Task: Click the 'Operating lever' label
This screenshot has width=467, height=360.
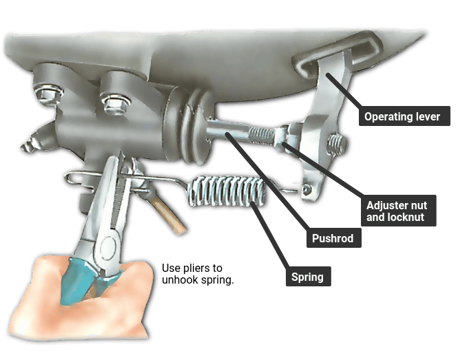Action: (x=406, y=116)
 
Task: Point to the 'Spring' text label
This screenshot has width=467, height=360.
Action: (x=308, y=277)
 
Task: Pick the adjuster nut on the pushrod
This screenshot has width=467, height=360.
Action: (x=283, y=135)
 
